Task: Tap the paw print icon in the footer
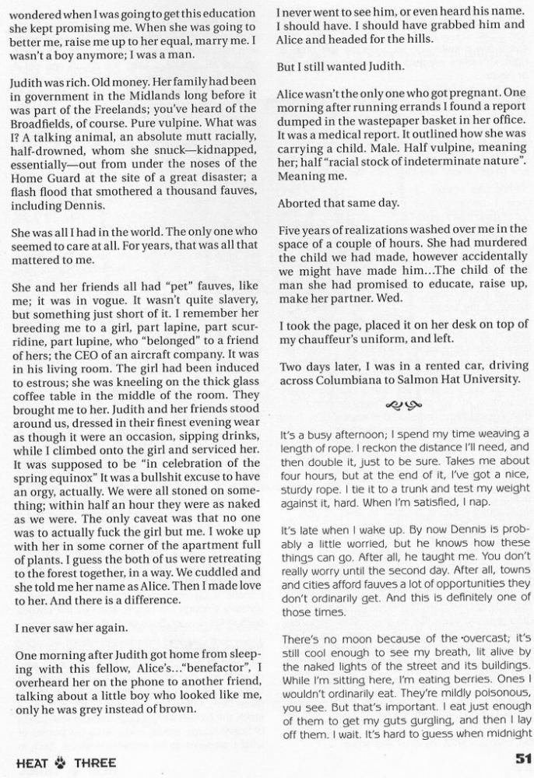click(61, 762)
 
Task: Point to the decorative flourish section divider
click(403, 405)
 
